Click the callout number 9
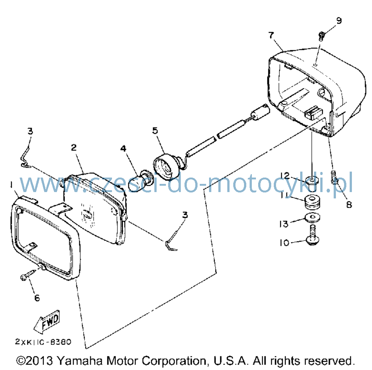pyautogui.click(x=339, y=21)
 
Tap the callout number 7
pyautogui.click(x=272, y=35)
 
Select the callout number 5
pyautogui.click(x=155, y=131)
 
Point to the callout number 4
pyautogui.click(x=123, y=149)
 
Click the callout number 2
pyautogui.click(x=74, y=147)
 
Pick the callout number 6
pyautogui.click(x=37, y=298)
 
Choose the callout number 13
pyautogui.click(x=284, y=224)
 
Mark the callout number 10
pyautogui.click(x=285, y=243)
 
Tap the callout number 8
pyautogui.click(x=349, y=204)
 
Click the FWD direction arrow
pyautogui.click(x=47, y=322)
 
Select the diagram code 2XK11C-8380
pyautogui.click(x=43, y=342)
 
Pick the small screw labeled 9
pyautogui.click(x=321, y=36)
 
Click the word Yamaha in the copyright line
pyautogui.click(x=80, y=361)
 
